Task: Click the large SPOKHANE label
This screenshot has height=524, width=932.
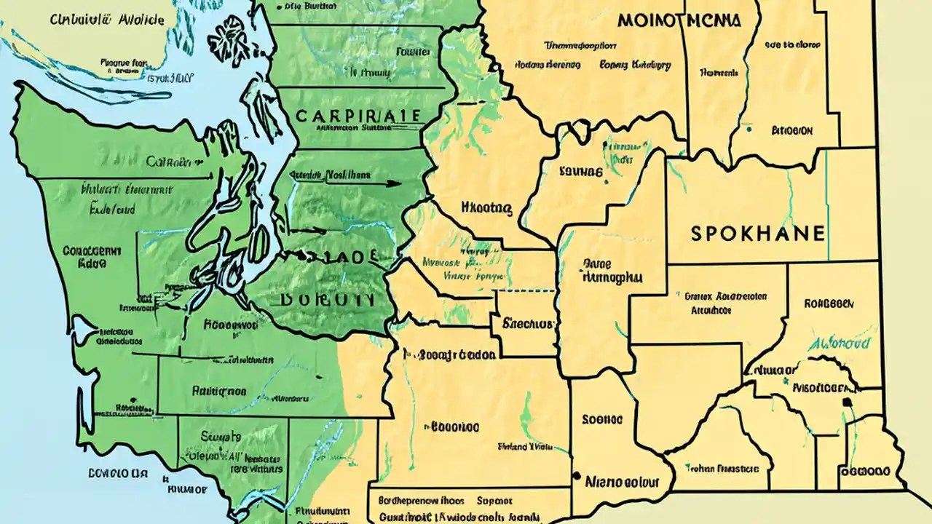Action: tap(757, 234)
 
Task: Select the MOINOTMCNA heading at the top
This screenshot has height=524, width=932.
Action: tap(679, 20)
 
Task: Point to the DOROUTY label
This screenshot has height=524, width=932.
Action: tap(326, 300)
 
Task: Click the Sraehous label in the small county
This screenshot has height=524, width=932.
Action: tap(529, 324)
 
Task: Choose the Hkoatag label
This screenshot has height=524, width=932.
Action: tap(486, 209)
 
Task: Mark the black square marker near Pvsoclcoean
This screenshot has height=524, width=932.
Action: tap(846, 401)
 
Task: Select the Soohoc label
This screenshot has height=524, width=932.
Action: tap(602, 420)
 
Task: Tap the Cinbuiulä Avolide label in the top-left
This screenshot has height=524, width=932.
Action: tap(107, 20)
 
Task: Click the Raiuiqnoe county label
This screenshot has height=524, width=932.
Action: tap(218, 391)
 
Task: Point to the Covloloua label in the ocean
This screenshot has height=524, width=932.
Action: tap(118, 472)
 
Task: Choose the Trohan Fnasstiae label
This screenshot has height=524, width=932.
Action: tap(718, 469)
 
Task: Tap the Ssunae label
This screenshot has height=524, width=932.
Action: tap(581, 173)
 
